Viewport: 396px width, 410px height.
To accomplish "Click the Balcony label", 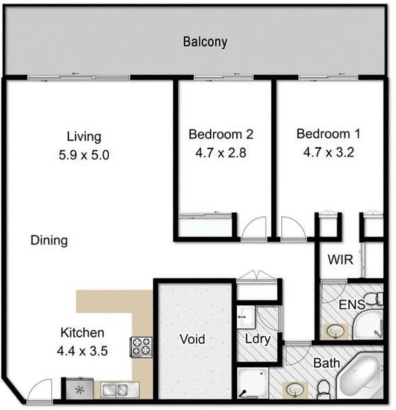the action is [205, 42].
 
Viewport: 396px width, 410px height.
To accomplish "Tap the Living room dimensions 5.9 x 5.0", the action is [84, 155].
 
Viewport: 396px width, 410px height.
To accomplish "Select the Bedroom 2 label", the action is [221, 134].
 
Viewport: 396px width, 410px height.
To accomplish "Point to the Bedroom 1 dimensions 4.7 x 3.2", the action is [329, 152].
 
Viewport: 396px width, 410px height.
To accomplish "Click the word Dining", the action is [49, 240].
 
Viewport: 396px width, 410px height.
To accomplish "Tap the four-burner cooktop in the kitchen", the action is [141, 347].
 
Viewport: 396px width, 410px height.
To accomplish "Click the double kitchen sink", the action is [120, 390].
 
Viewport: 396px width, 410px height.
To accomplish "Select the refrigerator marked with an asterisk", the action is [79, 388].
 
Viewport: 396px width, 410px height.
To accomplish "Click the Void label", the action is [192, 339].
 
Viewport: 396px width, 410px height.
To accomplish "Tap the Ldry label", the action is [258, 339].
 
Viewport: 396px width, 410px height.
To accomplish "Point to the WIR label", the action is [341, 260].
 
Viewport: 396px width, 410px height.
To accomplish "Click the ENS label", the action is [352, 305].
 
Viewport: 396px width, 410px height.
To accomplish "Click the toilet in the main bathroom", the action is [324, 390].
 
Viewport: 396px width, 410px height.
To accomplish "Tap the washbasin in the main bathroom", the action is [295, 390].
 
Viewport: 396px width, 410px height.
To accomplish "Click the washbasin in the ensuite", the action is [336, 332].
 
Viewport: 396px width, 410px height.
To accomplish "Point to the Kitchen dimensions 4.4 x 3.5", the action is [82, 351].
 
